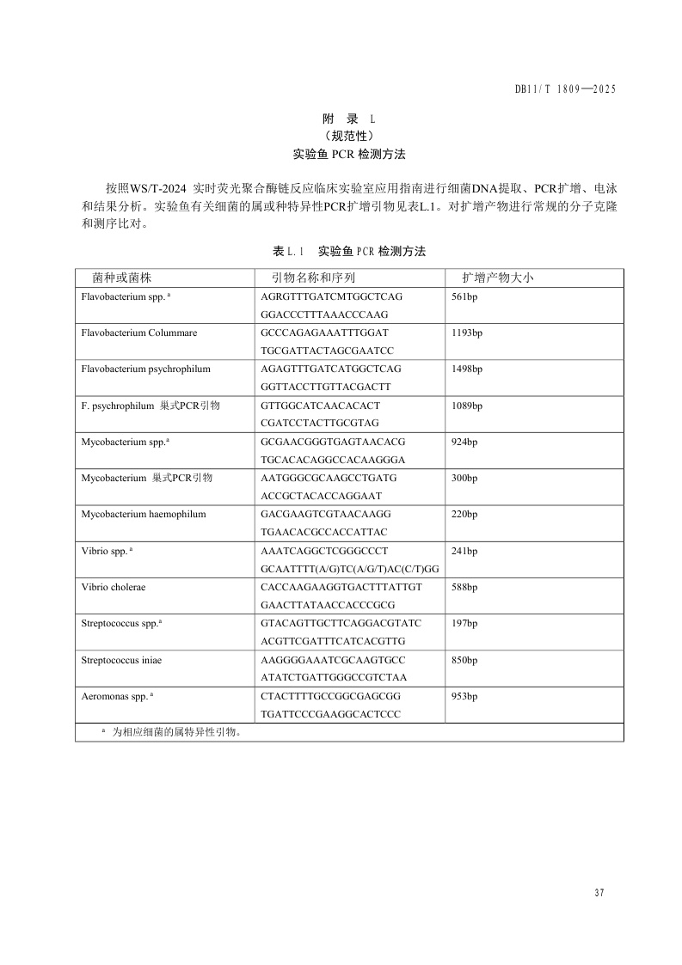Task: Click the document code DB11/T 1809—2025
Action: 566,89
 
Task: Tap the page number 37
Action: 599,893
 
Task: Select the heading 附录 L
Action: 348,118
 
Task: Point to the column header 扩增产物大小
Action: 498,278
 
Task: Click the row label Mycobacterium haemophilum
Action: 144,514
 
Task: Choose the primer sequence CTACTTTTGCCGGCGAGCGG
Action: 330,695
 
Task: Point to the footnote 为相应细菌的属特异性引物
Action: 177,732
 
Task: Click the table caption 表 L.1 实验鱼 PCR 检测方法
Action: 349,252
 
